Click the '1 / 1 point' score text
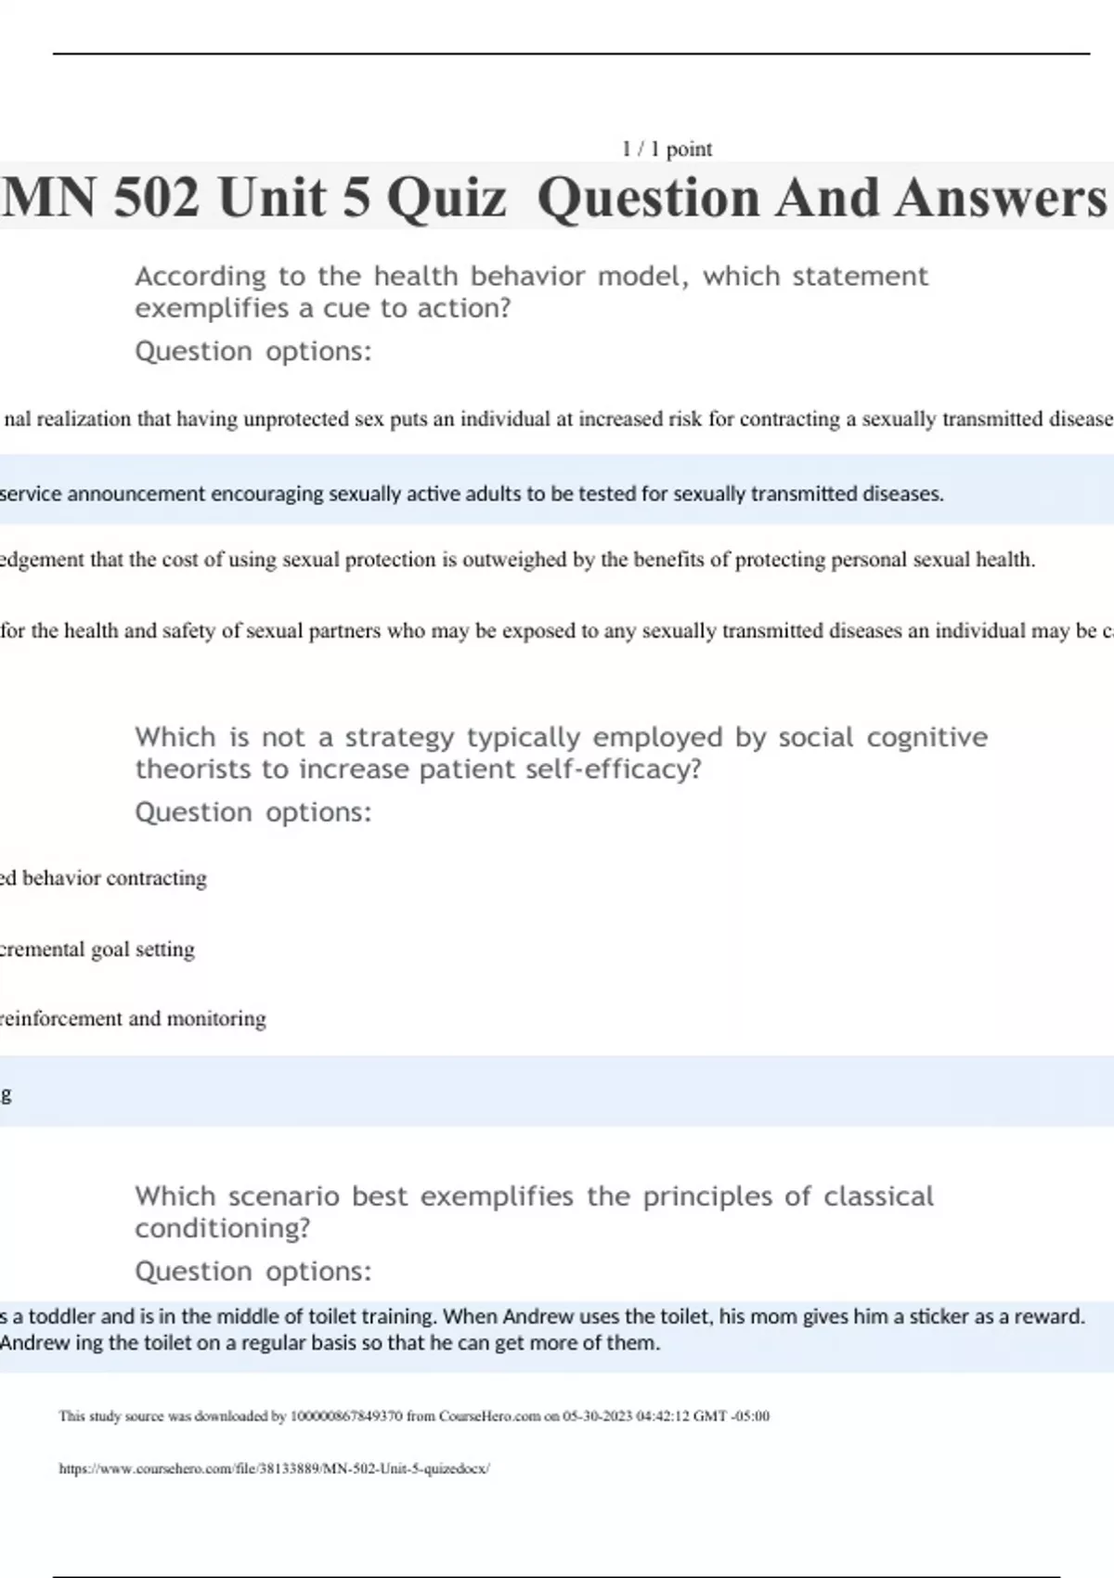pyautogui.click(x=667, y=149)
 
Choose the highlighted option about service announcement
pyautogui.click(x=472, y=493)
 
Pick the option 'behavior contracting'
pyautogui.click(x=113, y=878)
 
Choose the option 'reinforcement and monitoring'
pyautogui.click(x=133, y=1018)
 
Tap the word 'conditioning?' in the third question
pyautogui.click(x=222, y=1228)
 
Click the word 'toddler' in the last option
pyautogui.click(x=61, y=1316)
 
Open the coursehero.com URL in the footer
pyautogui.click(x=274, y=1468)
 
